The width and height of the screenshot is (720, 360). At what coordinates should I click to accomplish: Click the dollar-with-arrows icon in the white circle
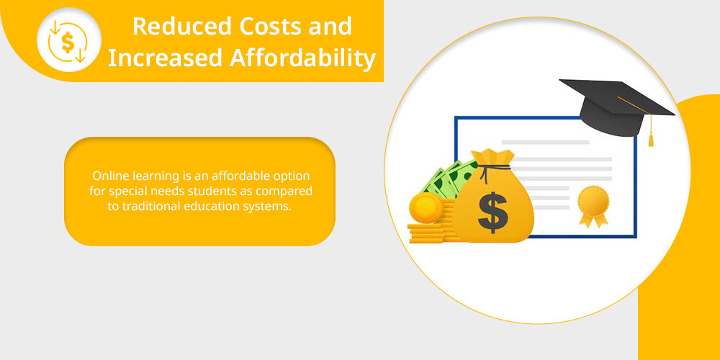[x=68, y=41]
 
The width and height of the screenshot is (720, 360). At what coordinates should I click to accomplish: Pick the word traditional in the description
[x=151, y=206]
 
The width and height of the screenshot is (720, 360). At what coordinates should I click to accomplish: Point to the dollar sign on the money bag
[x=492, y=212]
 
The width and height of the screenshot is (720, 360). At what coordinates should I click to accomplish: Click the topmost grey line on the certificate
[x=546, y=143]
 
